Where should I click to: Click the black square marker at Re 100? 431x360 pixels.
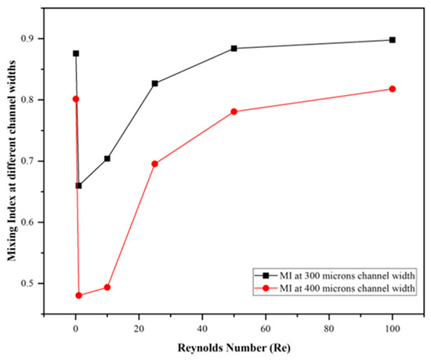(393, 40)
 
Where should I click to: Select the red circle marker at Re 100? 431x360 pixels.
(393, 89)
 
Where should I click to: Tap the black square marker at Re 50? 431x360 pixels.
(234, 49)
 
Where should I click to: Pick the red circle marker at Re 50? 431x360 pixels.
(234, 111)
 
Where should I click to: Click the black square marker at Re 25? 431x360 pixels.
(154, 83)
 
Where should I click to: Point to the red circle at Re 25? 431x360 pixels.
(154, 164)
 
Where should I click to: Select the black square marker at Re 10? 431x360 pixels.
(107, 158)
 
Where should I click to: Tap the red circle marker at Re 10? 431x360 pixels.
(107, 287)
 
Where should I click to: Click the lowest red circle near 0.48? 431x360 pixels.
(79, 296)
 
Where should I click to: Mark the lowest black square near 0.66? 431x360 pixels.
(79, 186)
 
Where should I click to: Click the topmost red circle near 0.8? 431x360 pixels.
(76, 99)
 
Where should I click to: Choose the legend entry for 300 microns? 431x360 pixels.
(335, 275)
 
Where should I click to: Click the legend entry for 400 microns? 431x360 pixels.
(335, 288)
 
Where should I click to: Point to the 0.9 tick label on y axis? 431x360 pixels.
(29, 38)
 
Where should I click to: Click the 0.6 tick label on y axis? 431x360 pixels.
(29, 222)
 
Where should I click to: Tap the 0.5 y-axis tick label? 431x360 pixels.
(29, 283)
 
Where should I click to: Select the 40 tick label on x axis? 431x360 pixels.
(202, 329)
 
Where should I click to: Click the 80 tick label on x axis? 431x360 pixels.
(329, 329)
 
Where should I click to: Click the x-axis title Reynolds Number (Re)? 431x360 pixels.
(234, 348)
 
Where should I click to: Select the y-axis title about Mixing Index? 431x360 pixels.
(12, 161)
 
